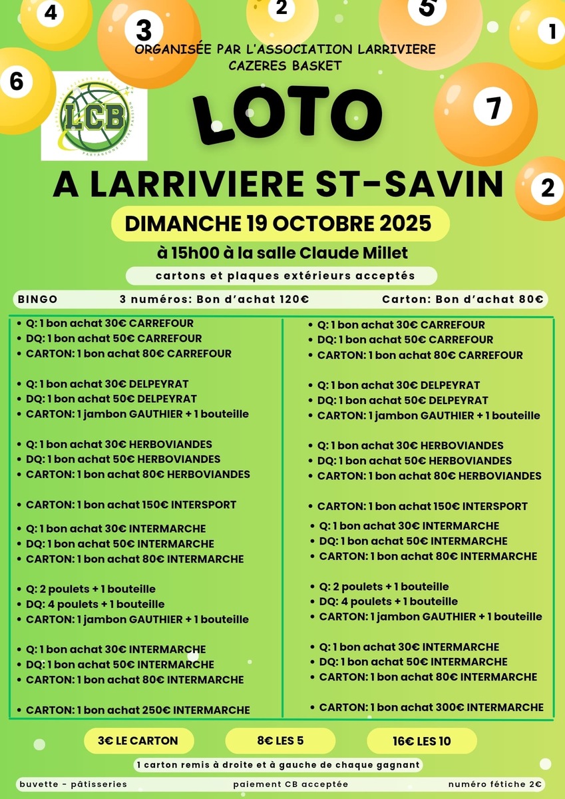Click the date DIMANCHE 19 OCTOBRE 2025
279,223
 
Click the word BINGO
38,300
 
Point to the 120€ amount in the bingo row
293,300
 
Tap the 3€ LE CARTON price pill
138,740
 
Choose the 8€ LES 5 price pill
280,740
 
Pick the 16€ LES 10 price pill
421,740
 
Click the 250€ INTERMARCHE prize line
138,710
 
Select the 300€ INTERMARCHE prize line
431,707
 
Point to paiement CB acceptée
290,784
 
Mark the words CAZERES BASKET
285,65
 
